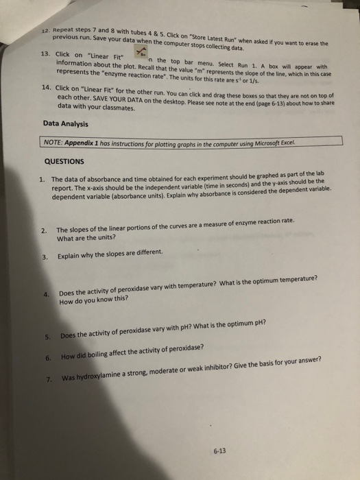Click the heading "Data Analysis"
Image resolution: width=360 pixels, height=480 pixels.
pos(66,123)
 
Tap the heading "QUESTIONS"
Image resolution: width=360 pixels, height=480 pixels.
pos(64,162)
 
